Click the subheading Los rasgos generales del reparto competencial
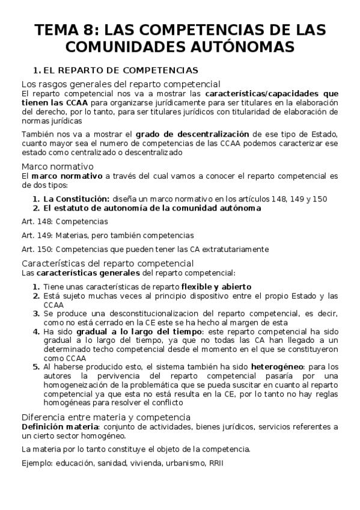click(121, 84)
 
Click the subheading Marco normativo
click(57, 166)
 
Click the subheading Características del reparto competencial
click(107, 263)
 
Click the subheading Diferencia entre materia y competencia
click(106, 417)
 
